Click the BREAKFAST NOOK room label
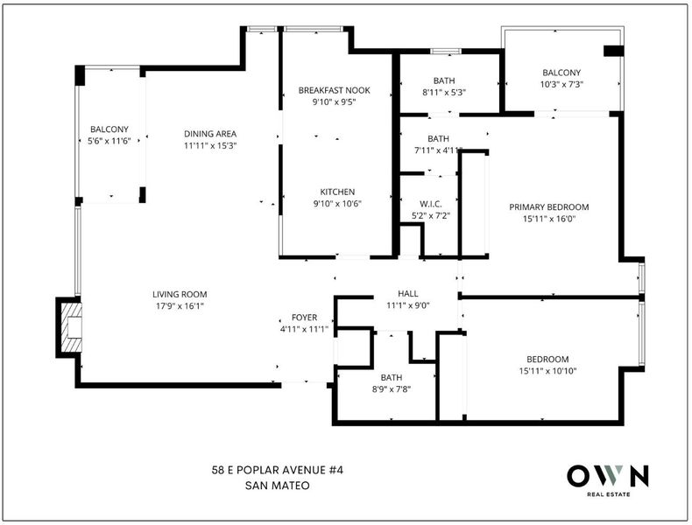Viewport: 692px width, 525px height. tap(334, 90)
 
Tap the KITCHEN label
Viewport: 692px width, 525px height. tap(337, 192)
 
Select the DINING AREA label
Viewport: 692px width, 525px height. tap(210, 134)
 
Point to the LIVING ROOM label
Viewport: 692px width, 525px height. tap(180, 295)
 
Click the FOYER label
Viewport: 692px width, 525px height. tap(304, 318)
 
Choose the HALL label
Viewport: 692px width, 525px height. tap(408, 294)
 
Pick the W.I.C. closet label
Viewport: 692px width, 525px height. tap(430, 204)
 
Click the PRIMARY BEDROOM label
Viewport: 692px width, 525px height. tap(548, 206)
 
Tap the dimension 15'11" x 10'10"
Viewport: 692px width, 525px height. tap(547, 371)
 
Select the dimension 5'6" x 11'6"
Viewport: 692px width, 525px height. tap(109, 141)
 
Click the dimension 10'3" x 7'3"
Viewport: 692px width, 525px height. tap(561, 84)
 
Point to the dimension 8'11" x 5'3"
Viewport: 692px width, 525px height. tap(444, 92)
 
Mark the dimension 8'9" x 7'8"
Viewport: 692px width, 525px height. tap(392, 389)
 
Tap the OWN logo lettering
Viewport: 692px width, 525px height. tap(608, 476)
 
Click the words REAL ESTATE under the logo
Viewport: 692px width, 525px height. tap(608, 494)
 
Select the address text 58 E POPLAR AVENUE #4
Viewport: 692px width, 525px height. tap(277, 471)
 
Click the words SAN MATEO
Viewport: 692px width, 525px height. tap(277, 486)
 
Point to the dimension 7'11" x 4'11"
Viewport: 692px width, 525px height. tap(438, 150)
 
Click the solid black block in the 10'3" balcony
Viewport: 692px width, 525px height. tap(613, 51)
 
